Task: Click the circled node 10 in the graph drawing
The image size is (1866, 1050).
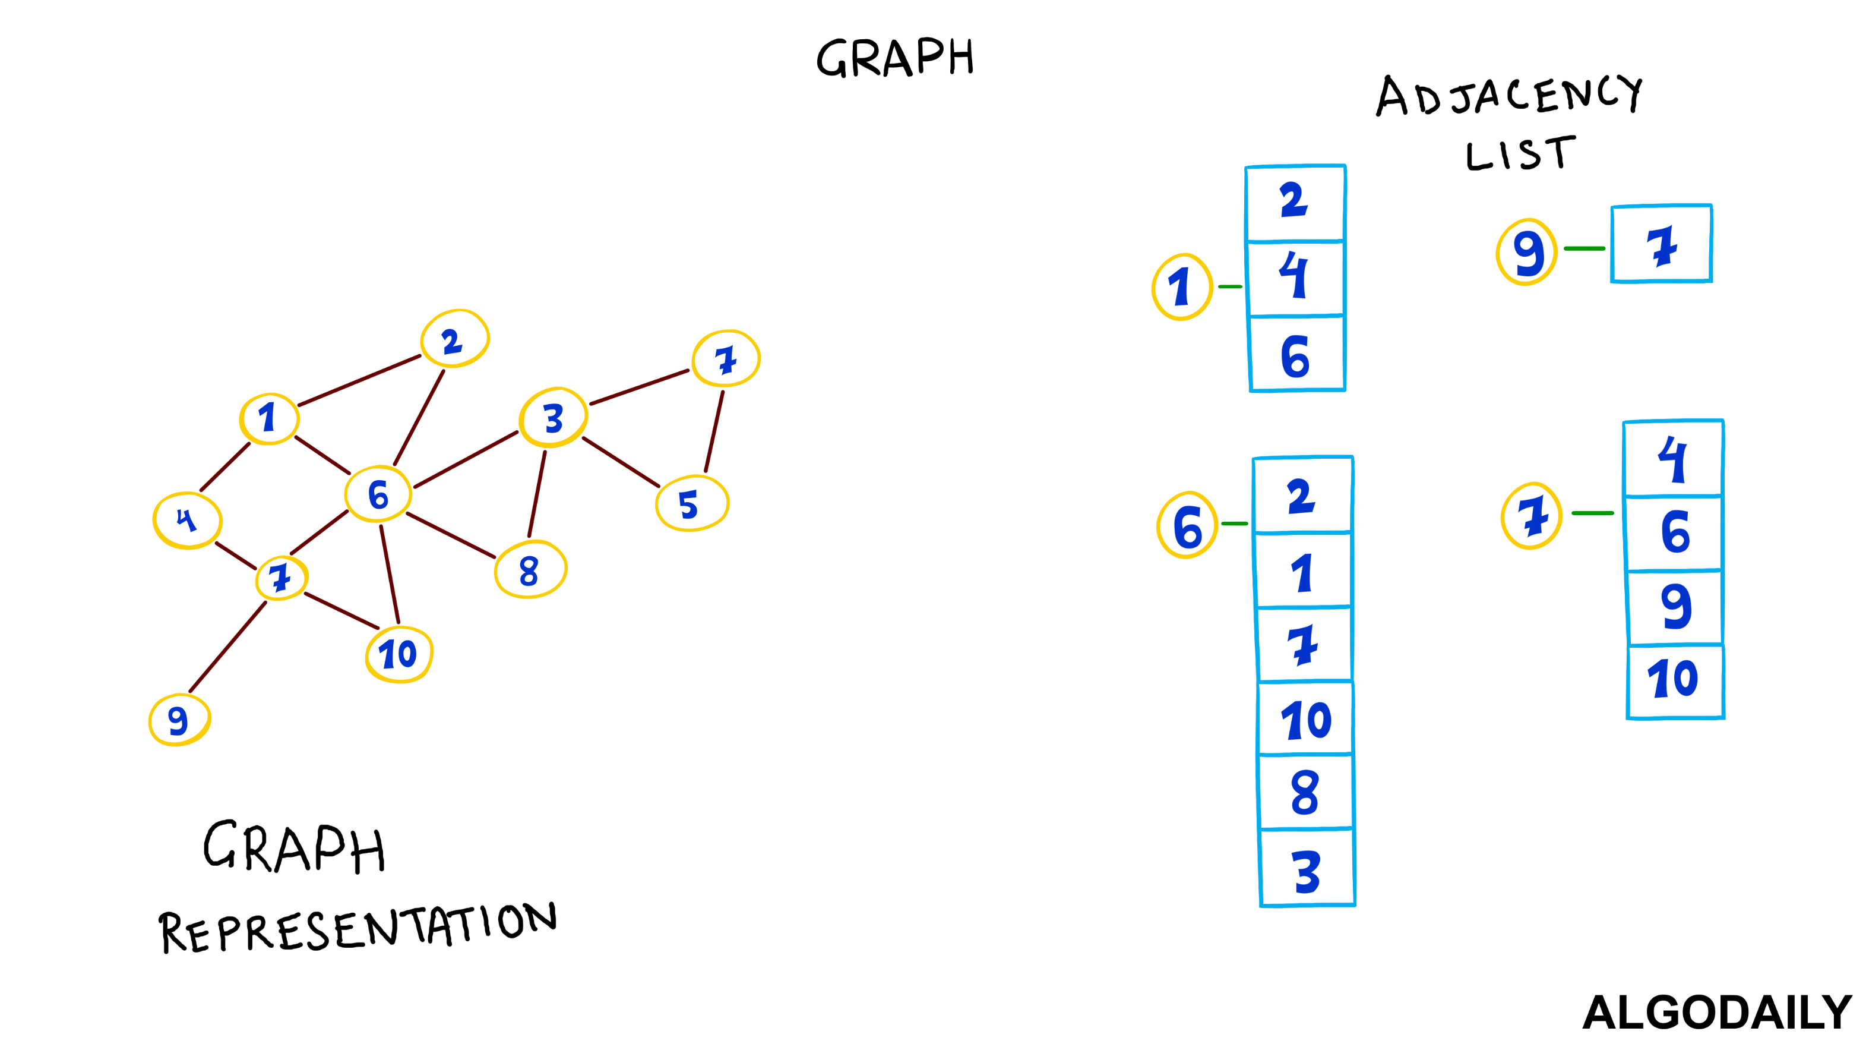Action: (399, 654)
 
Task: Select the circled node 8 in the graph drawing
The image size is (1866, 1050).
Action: (530, 569)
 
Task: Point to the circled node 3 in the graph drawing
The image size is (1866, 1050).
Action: (554, 418)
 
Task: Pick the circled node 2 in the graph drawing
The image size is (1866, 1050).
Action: (454, 339)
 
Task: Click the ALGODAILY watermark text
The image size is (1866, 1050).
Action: (1717, 1013)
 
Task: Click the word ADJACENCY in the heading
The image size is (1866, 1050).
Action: (1509, 96)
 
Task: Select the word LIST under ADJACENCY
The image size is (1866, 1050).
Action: (1520, 154)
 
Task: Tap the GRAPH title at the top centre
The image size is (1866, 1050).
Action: (896, 58)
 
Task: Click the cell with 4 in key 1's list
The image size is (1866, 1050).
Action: (1295, 278)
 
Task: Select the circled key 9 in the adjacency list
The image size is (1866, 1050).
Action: (1526, 252)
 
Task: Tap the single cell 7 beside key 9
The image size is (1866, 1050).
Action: (1662, 244)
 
